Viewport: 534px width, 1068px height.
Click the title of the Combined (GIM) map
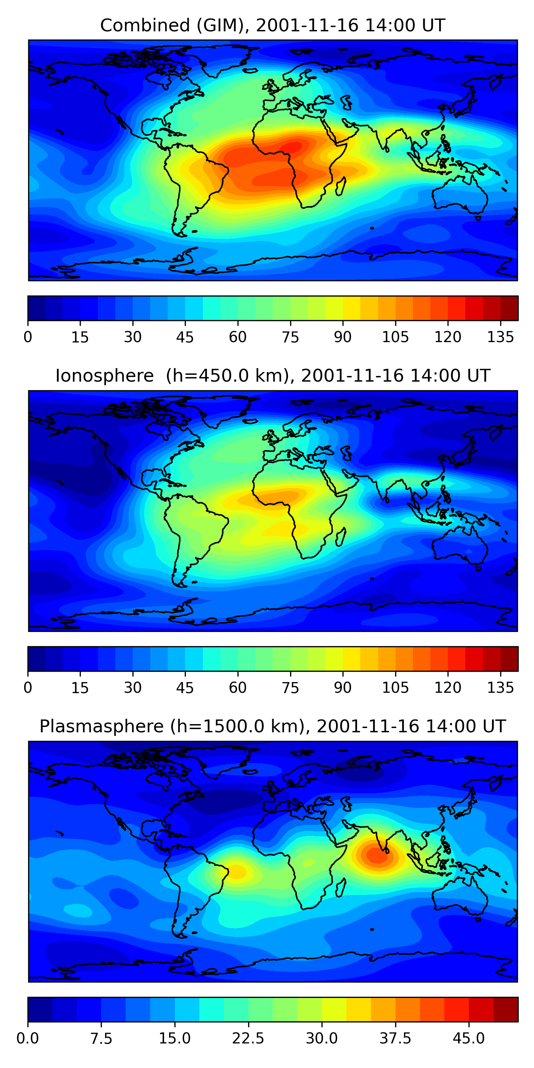click(272, 26)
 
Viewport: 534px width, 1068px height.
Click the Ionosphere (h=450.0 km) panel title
click(272, 376)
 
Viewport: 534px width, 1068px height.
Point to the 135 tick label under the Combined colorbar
click(500, 337)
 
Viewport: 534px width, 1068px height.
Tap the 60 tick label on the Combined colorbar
click(237, 337)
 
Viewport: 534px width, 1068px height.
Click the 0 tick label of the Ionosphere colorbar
click(28, 688)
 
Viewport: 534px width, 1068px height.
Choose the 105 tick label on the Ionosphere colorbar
click(395, 688)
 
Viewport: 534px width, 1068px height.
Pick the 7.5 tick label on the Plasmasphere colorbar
click(101, 1038)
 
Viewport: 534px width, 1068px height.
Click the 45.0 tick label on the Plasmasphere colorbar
click(468, 1038)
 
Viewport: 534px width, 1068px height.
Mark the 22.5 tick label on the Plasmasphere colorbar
click(248, 1038)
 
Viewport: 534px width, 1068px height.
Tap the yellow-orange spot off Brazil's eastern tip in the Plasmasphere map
click(236, 871)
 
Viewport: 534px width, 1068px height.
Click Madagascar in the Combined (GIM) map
click(341, 187)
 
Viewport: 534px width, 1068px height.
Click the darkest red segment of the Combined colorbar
click(509, 308)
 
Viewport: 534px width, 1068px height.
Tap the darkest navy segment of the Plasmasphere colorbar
click(40, 1009)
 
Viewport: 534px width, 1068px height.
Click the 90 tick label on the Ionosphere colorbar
click(342, 688)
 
